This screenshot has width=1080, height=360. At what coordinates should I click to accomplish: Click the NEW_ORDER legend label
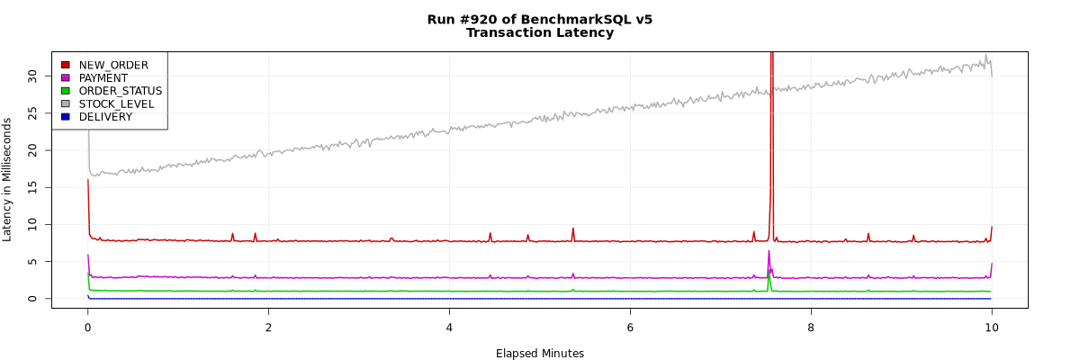pyautogui.click(x=113, y=65)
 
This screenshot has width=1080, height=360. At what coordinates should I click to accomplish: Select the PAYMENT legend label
pyautogui.click(x=103, y=78)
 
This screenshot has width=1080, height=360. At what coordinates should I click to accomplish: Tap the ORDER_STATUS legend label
pyautogui.click(x=121, y=91)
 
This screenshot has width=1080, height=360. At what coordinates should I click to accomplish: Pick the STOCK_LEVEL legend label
pyautogui.click(x=116, y=104)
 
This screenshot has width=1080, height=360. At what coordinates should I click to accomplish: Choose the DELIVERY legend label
pyautogui.click(x=104, y=117)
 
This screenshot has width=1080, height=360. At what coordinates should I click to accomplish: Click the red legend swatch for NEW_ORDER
pyautogui.click(x=65, y=65)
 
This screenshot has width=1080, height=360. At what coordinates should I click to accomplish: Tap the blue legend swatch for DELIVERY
pyautogui.click(x=65, y=117)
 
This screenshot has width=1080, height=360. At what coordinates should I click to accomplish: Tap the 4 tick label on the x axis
pyautogui.click(x=449, y=328)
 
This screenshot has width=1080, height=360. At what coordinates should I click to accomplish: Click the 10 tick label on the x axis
pyautogui.click(x=991, y=328)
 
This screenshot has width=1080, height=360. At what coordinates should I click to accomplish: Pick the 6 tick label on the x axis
pyautogui.click(x=630, y=328)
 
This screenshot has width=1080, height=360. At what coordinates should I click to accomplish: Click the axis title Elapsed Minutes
pyautogui.click(x=540, y=354)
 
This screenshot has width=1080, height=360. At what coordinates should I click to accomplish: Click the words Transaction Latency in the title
pyautogui.click(x=540, y=33)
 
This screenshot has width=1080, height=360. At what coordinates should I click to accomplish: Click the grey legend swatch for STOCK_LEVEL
pyautogui.click(x=65, y=104)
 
